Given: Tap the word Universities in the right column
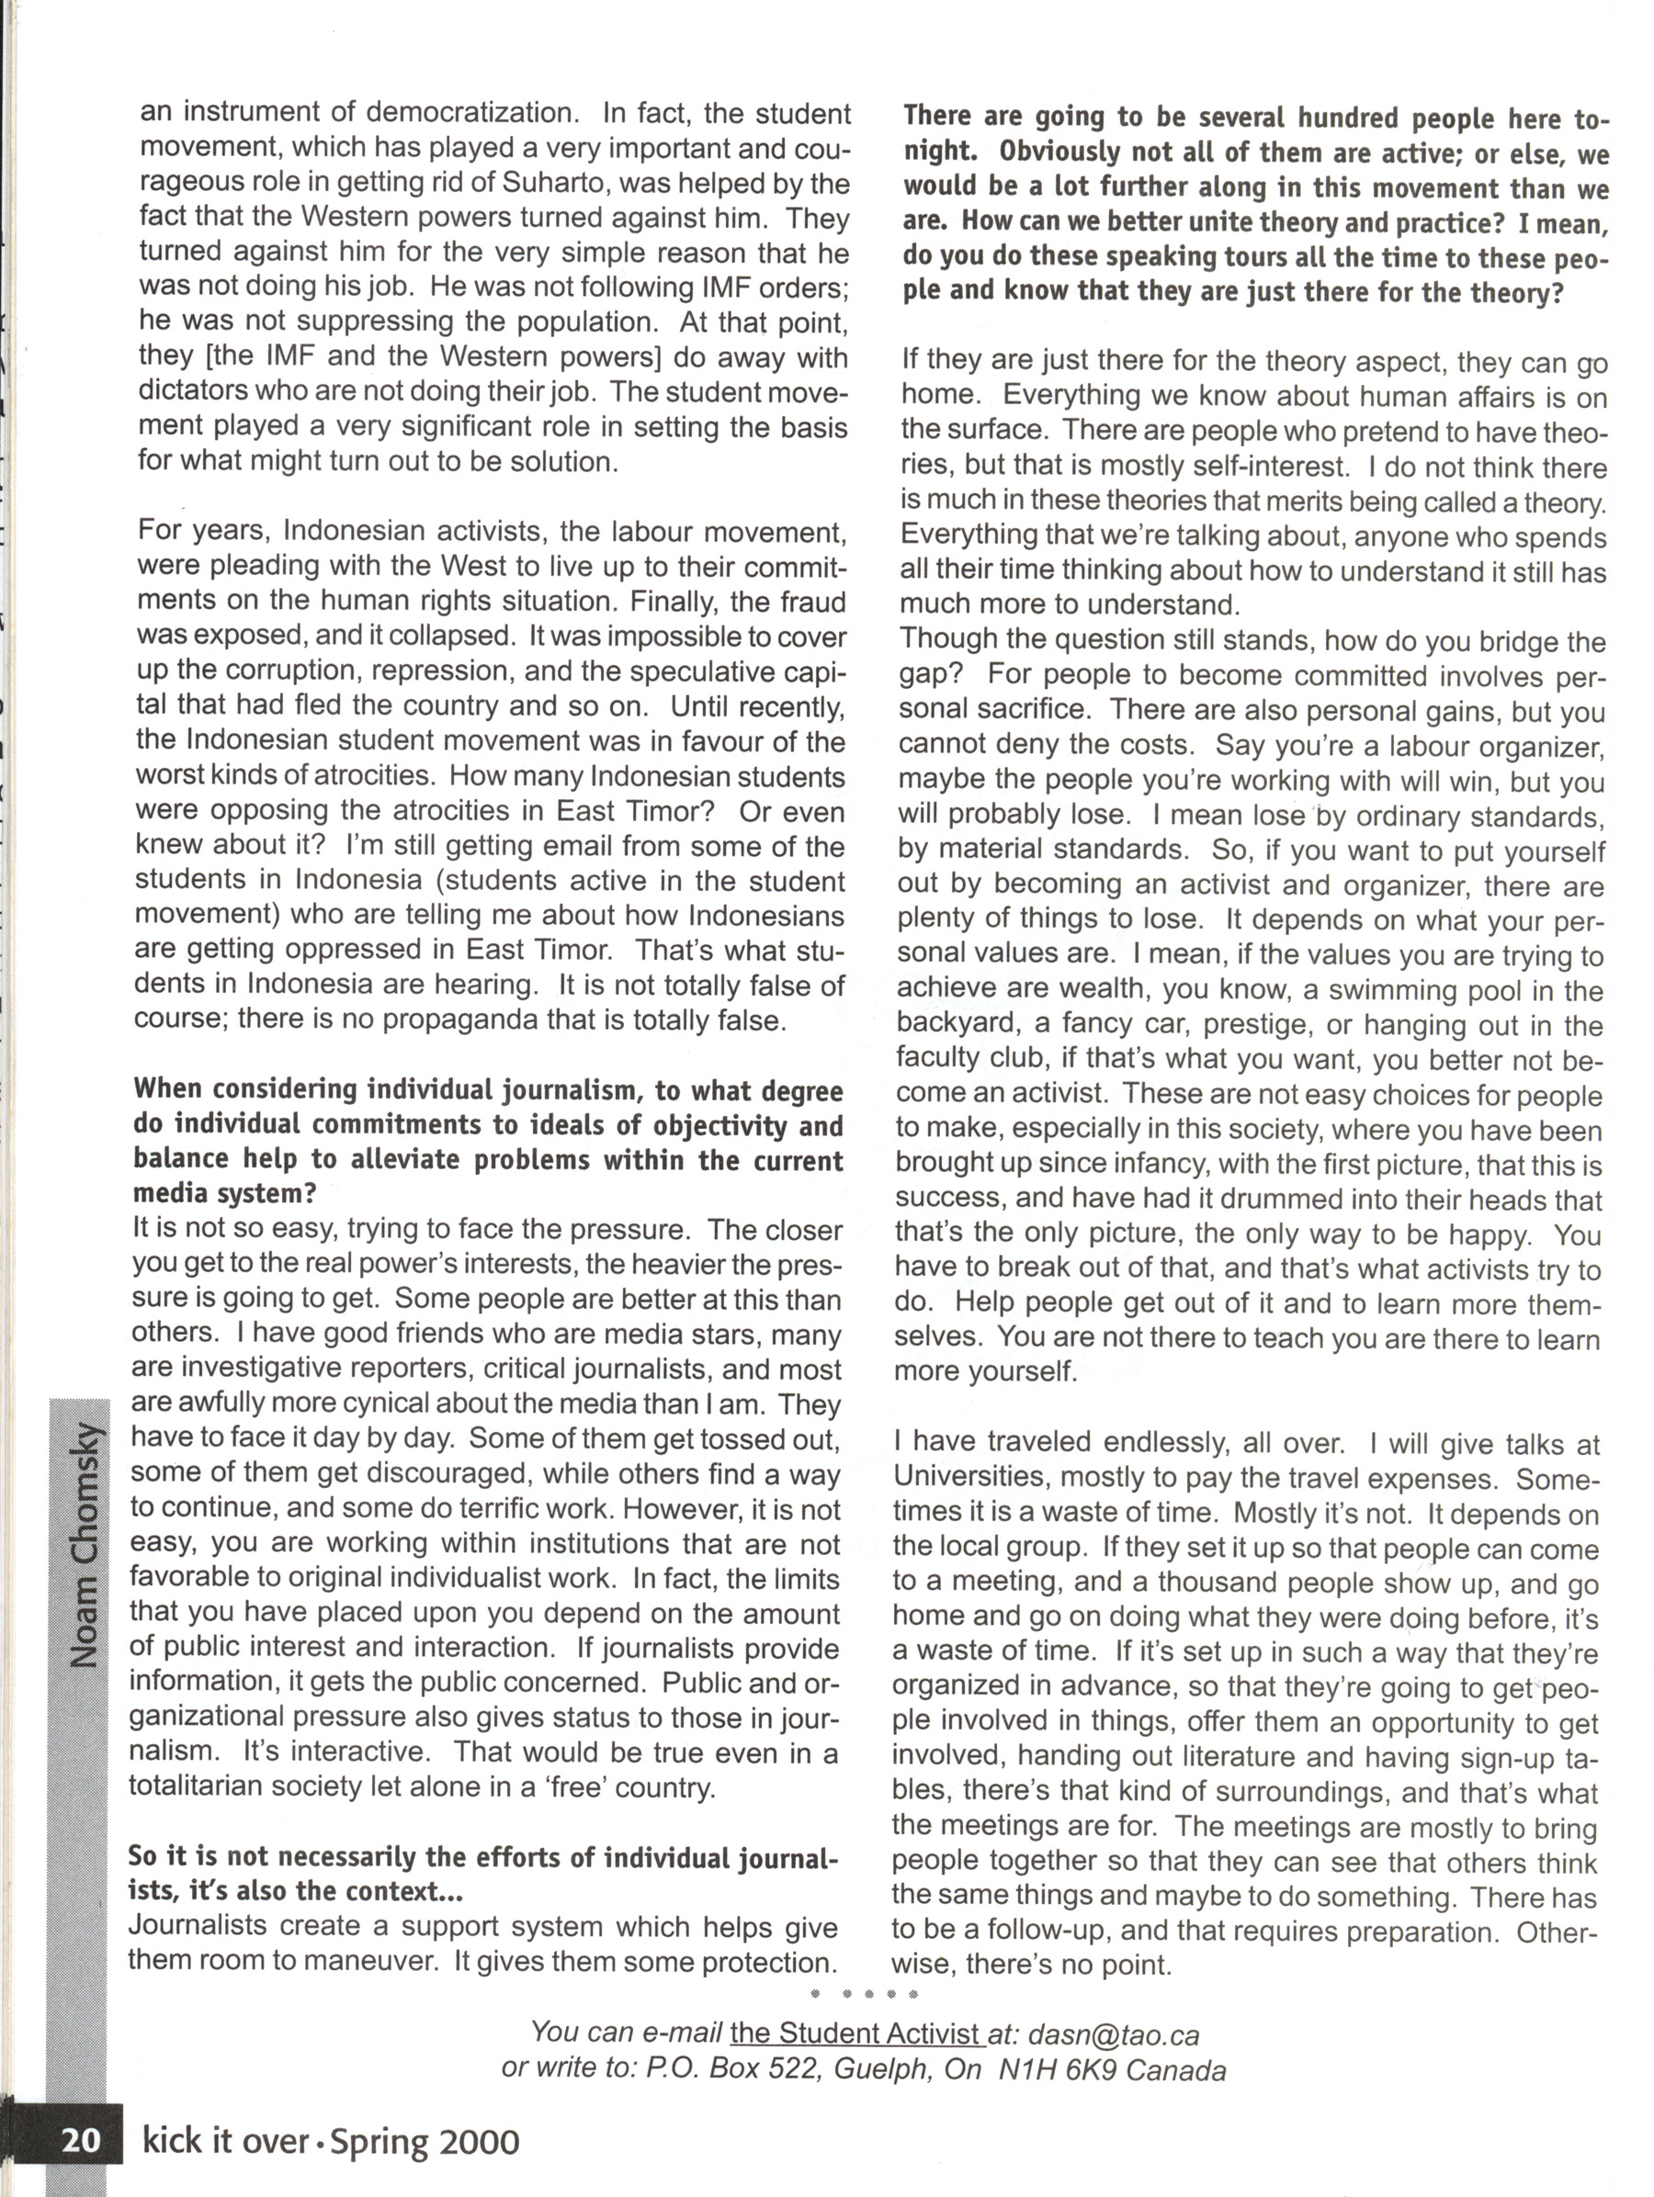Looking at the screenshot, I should coord(969,1479).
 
